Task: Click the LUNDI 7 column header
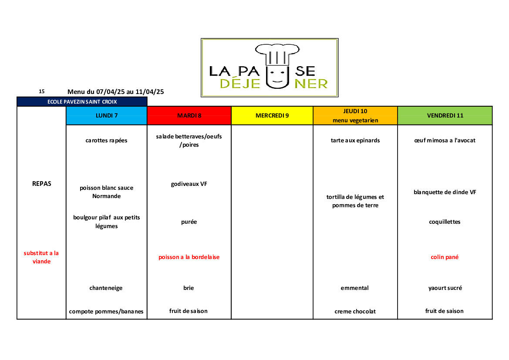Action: pos(107,115)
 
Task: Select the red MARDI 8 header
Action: pos(189,115)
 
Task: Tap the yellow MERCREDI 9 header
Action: pos(272,115)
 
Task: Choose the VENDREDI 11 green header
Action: pos(445,115)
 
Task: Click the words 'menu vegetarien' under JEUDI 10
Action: pos(355,120)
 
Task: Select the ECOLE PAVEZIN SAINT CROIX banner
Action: pos(82,101)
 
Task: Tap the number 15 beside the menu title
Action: pos(42,91)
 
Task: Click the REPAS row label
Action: pos(42,184)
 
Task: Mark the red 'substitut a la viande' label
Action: pos(41,257)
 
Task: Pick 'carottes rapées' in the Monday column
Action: pos(107,141)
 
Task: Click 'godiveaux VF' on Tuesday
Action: pos(189,184)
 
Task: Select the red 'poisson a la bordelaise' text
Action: pos(189,257)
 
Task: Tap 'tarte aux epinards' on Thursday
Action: pos(355,141)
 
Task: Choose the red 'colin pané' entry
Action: pos(445,257)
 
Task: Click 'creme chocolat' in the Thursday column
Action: pos(355,311)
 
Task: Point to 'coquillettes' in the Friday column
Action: pos(445,222)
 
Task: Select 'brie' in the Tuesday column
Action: pos(189,288)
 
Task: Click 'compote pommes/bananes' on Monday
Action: pos(106,311)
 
